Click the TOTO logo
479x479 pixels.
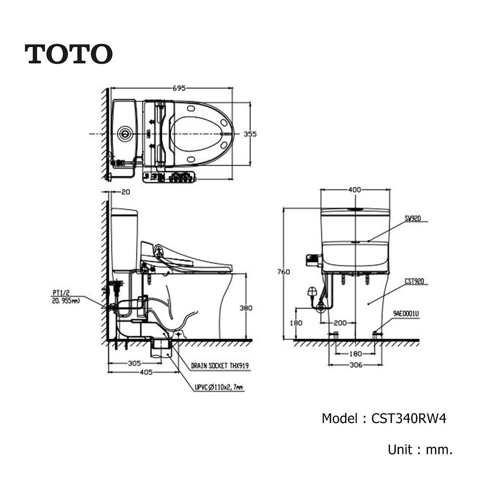pos(68,54)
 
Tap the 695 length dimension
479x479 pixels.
pos(179,88)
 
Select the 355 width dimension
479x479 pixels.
pos(250,134)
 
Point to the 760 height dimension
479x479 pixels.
pos(284,271)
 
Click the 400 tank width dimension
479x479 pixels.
pos(354,190)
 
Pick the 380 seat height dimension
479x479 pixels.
pos(246,308)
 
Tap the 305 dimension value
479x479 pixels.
pos(135,363)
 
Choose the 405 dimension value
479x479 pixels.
pos(146,372)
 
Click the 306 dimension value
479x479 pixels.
pos(356,365)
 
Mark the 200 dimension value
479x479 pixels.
pos(340,323)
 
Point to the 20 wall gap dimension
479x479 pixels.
pos(125,192)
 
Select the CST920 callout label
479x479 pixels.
pos(414,281)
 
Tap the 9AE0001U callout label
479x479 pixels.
pos(406,313)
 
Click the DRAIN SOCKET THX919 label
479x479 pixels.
pos(220,365)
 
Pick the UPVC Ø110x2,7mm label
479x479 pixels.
pos(219,388)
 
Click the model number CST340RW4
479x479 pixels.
pos(409,418)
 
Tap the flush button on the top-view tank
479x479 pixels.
pos(125,134)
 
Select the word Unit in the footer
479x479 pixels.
pos(400,450)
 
